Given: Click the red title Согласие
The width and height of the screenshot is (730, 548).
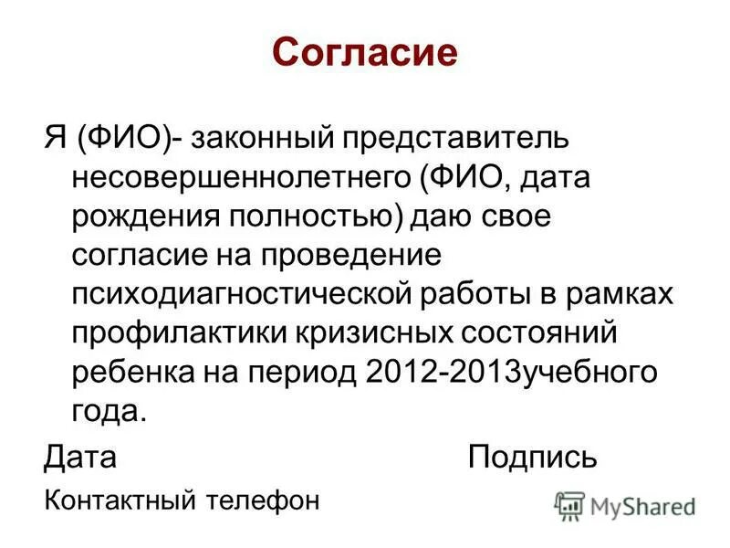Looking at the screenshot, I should click(x=364, y=54).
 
